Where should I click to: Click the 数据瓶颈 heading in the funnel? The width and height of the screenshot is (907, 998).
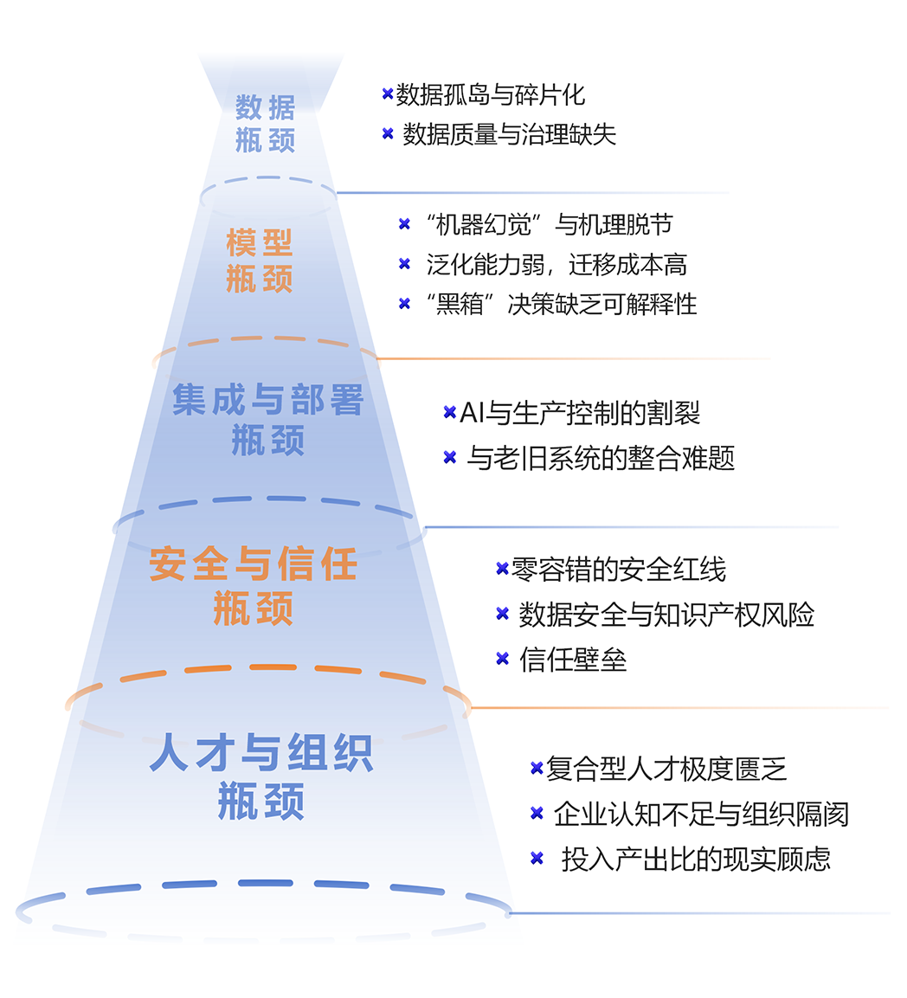tap(266, 124)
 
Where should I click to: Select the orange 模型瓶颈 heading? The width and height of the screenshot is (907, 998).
tap(260, 261)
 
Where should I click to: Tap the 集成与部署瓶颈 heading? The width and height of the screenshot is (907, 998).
tap(267, 419)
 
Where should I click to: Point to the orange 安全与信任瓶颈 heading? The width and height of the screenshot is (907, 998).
tap(253, 586)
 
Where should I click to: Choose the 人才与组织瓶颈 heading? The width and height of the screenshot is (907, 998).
tap(261, 776)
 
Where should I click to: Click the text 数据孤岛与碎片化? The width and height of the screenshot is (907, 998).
tap(491, 94)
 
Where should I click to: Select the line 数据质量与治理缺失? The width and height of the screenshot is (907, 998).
tap(510, 134)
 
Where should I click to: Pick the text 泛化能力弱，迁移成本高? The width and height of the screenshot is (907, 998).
tap(556, 265)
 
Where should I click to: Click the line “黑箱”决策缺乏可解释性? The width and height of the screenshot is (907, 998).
tap(562, 304)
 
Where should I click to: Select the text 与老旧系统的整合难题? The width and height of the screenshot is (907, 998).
tap(601, 458)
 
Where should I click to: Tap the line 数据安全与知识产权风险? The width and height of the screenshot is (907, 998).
tap(666, 615)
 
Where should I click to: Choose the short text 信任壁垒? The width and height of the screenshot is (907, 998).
tap(573, 660)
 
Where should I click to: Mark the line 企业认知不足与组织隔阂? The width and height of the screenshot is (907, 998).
tap(701, 814)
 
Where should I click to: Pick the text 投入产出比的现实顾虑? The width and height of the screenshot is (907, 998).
tap(696, 859)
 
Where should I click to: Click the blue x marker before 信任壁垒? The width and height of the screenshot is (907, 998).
tap(502, 659)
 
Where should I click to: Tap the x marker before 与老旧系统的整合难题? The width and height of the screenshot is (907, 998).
tap(449, 457)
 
